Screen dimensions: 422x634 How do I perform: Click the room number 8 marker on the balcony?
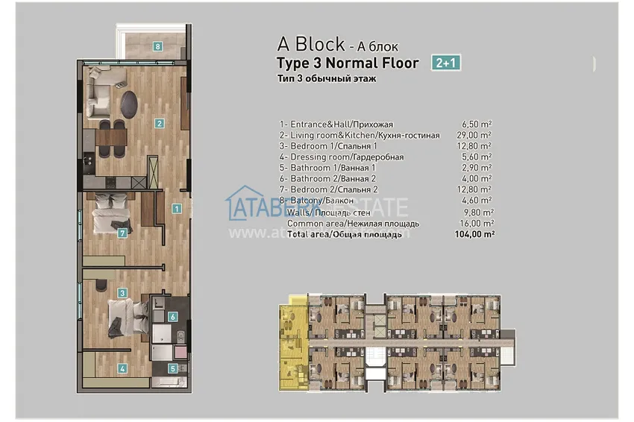point(158,45)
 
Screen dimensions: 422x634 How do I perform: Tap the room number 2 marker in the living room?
point(159,123)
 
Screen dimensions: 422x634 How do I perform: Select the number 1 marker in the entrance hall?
point(176,209)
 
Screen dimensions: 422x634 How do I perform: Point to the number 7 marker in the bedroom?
point(122,233)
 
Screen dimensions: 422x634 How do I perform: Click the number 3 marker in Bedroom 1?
point(122,293)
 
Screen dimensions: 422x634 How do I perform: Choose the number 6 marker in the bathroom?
point(172,316)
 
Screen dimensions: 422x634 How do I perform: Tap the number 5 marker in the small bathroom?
point(172,368)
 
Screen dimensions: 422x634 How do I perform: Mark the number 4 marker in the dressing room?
point(122,368)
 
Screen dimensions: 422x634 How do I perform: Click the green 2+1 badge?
point(445,63)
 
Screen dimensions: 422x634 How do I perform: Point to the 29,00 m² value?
point(477,135)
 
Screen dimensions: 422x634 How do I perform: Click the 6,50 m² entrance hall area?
point(477,125)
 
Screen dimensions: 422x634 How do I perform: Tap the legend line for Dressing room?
point(342,157)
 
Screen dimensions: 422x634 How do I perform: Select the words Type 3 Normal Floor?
point(348,63)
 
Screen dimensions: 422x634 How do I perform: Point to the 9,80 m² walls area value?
point(477,212)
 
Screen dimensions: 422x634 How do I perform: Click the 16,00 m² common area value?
point(477,223)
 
